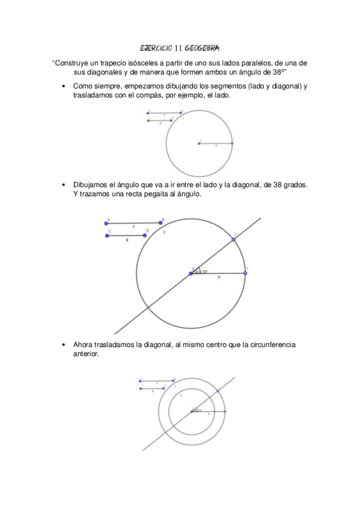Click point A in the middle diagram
106,223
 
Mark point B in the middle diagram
160,223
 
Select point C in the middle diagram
107,235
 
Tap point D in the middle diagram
145,235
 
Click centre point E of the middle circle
191,273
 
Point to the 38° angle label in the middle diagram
203,272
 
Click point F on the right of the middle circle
245,273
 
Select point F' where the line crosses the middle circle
234,239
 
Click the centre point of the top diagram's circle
199,143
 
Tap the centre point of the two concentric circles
191,411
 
